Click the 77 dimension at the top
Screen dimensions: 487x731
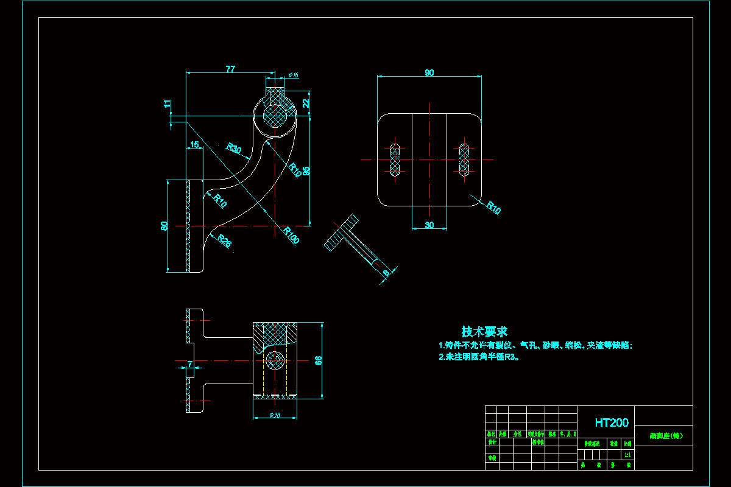[230, 69]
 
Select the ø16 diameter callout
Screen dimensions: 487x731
[293, 75]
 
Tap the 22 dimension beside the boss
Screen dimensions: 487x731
[306, 103]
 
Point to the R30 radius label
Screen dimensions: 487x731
[234, 149]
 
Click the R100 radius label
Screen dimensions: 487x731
[291, 236]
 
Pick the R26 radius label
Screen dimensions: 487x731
[225, 242]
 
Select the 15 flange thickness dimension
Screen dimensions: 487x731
[195, 145]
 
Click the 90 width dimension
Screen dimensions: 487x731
[429, 73]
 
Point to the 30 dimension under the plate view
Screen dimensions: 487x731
[429, 226]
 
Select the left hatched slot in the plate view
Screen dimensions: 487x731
[395, 160]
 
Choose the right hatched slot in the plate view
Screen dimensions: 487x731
[465, 160]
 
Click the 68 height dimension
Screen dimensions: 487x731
[318, 360]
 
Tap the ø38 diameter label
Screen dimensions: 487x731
[275, 416]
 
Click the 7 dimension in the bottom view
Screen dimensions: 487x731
[190, 364]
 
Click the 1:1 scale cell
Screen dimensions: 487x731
[627, 454]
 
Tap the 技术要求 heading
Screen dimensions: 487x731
[484, 332]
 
